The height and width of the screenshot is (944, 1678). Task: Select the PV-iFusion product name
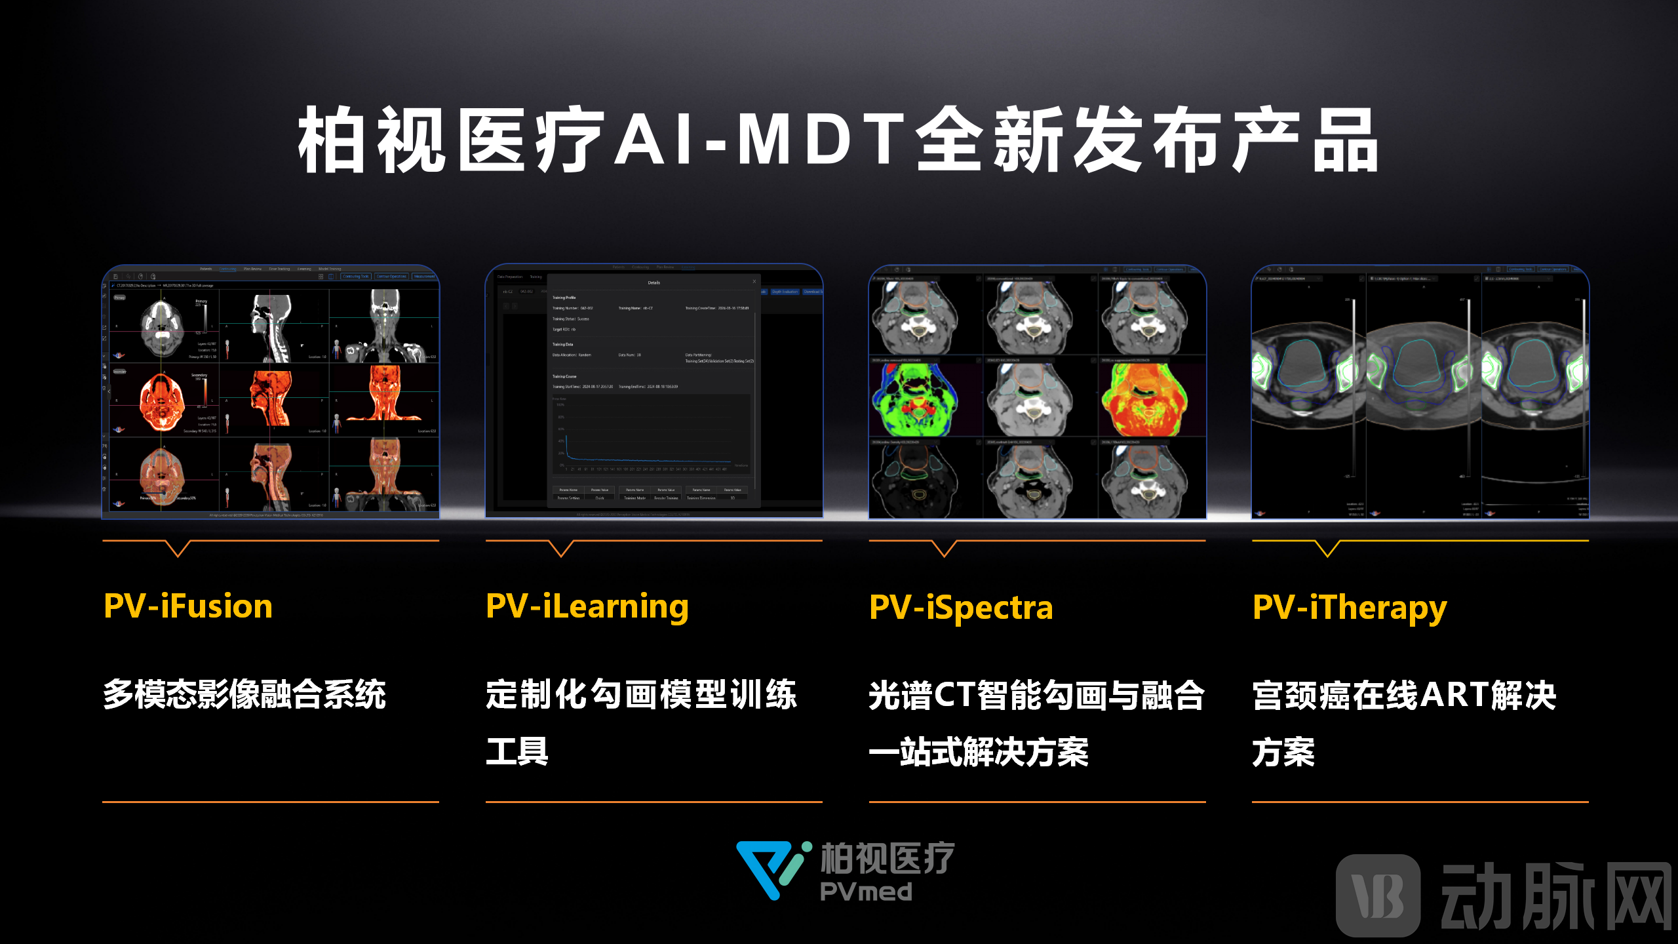coord(188,606)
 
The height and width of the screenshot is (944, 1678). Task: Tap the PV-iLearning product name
coord(587,607)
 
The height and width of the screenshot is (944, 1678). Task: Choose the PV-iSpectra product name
coord(961,607)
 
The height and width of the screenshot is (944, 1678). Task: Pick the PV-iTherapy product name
coord(1350,608)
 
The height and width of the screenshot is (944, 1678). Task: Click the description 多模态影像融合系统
coord(244,695)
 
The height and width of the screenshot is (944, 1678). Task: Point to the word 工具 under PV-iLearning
coord(517,751)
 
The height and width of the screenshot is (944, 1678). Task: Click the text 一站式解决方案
coord(979,752)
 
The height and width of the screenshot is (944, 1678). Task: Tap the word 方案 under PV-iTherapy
coord(1283,752)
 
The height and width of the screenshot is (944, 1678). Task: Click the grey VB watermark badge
coord(1378,895)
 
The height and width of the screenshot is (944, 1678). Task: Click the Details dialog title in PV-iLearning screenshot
coord(654,283)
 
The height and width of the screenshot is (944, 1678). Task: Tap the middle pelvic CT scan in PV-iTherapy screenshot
coord(1422,380)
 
